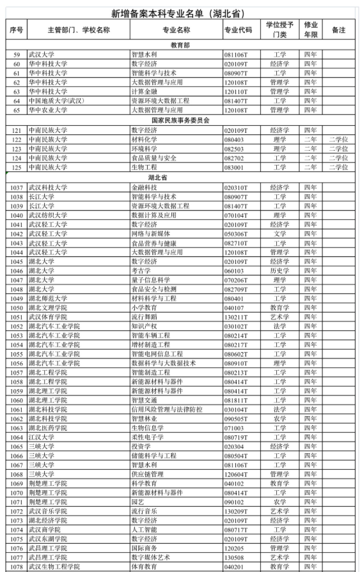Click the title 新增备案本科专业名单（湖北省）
point(180,13)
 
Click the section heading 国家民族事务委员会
point(180,120)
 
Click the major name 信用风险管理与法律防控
point(166,409)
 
